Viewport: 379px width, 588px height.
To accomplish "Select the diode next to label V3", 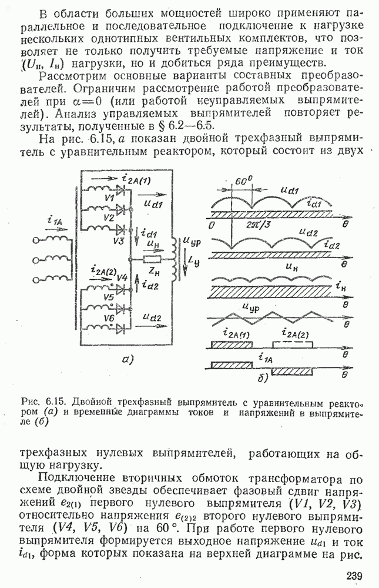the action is (121, 228).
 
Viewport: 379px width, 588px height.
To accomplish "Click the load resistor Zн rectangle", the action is (152, 259).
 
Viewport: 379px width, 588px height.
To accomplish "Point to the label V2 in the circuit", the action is (109, 217).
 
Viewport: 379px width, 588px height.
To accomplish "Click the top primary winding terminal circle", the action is (36, 241).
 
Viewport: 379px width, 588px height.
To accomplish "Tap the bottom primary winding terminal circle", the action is (36, 279).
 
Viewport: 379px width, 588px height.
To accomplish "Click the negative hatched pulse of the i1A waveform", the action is (293, 371).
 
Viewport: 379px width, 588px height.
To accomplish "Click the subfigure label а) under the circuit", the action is (128, 360).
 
